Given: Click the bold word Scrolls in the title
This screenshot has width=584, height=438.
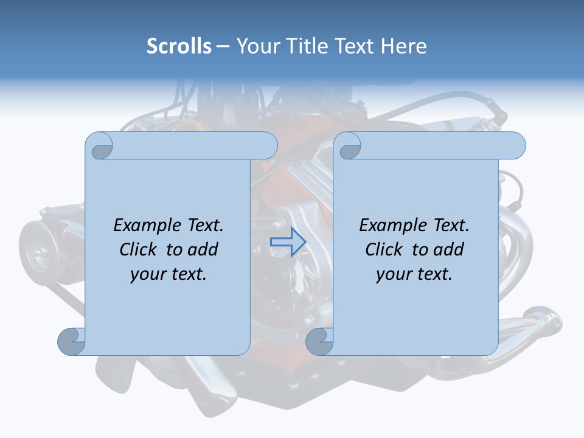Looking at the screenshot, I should coord(179,46).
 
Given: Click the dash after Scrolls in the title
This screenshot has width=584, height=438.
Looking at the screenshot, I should coord(223,47).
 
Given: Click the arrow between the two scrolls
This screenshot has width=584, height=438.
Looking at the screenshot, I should coord(288,242).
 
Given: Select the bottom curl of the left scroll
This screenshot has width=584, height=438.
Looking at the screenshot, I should coord(71,341).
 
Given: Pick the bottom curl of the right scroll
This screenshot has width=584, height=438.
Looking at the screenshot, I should coord(319,341).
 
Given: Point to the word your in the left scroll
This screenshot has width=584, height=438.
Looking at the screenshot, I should coord(147,274).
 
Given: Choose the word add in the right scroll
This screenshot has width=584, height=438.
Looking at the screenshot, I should coord(448,249).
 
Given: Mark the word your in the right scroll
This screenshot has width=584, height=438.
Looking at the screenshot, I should coord(393,274).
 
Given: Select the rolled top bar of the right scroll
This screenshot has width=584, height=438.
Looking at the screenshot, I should coord(438,145).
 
